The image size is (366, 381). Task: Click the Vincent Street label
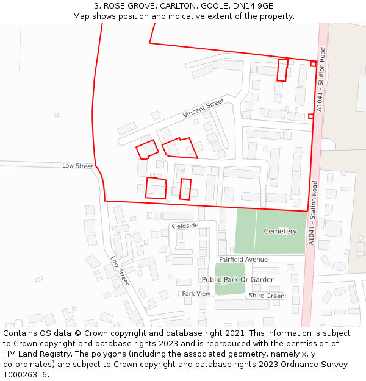(204, 108)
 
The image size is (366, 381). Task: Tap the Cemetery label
(280, 232)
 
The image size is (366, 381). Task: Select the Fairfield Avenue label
(243, 260)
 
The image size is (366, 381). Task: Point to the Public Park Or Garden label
(238, 280)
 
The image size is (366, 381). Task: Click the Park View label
(196, 294)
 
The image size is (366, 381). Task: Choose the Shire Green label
(266, 296)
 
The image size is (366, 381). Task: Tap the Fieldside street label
(185, 226)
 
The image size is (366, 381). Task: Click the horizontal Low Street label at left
(77, 166)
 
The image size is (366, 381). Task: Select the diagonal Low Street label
(120, 271)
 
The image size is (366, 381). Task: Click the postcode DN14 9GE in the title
(253, 6)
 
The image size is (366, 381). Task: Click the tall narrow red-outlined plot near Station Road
(282, 69)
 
